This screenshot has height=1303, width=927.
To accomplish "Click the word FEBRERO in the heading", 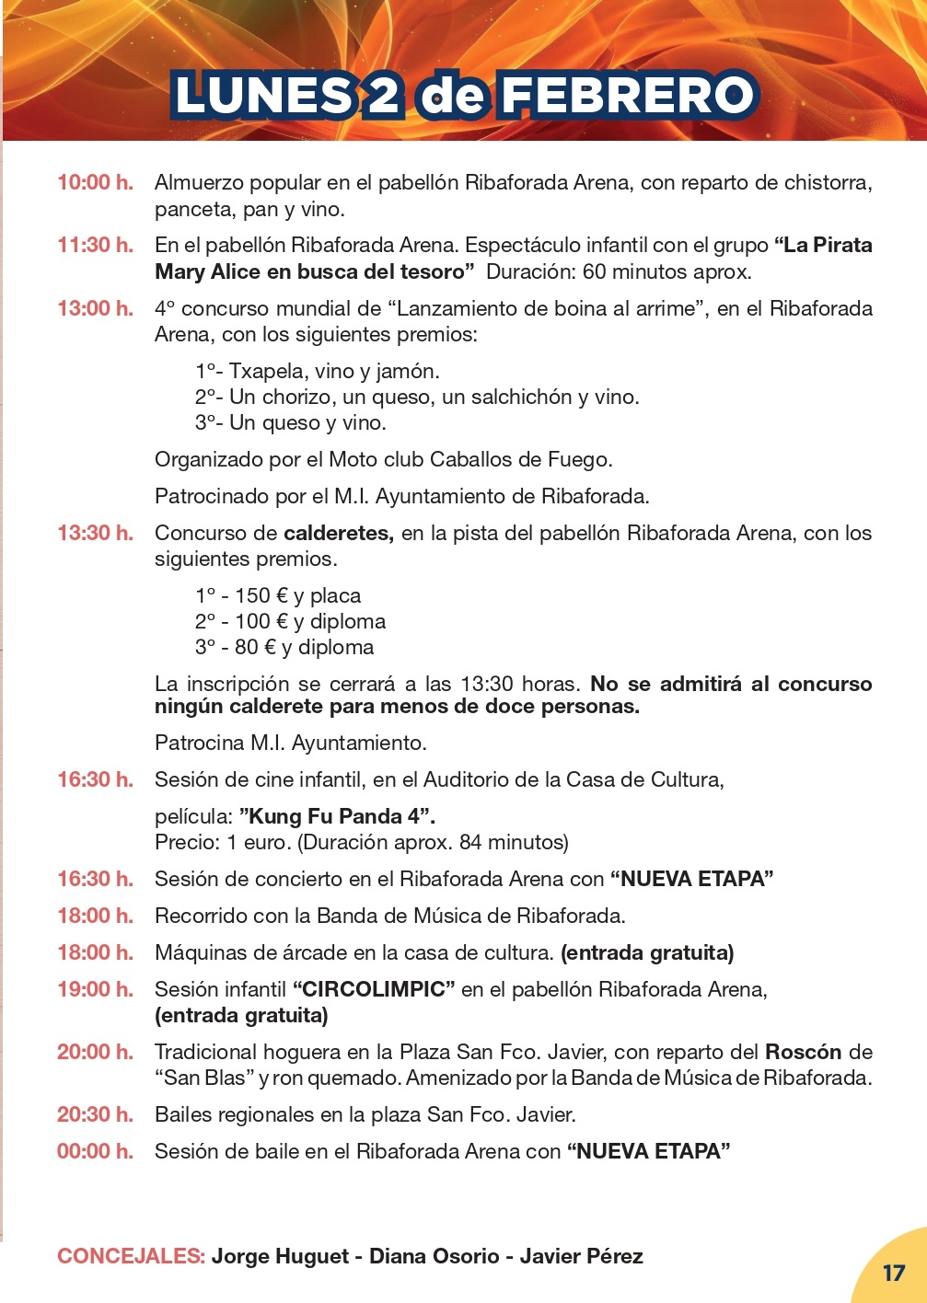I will coord(630,96).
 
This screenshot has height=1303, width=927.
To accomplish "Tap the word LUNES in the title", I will coord(262,96).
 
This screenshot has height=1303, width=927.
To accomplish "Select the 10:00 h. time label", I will coord(95,182).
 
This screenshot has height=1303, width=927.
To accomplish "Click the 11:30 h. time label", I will coord(95,245).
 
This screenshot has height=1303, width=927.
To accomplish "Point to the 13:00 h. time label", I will coord(95,308).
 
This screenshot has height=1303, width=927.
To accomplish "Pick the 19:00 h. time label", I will coord(95,989).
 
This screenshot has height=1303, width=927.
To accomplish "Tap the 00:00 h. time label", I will coord(95,1151).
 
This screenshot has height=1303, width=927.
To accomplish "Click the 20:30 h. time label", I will coord(95,1114).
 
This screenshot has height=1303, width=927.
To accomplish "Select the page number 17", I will coord(894,1273).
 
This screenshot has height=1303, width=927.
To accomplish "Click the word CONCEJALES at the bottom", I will coord(131,1256).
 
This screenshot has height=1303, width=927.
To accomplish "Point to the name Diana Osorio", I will coord(434,1256).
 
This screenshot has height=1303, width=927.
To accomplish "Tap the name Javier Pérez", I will coord(581,1256).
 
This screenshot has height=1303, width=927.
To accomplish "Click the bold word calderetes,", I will coord(339,533).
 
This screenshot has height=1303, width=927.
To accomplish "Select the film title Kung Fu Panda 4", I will coord(336,816).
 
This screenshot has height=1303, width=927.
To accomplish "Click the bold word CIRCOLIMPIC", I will coord(374,989).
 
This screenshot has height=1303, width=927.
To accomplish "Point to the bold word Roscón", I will coord(803,1052).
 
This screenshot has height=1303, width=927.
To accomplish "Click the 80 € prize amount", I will coord(255,647).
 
